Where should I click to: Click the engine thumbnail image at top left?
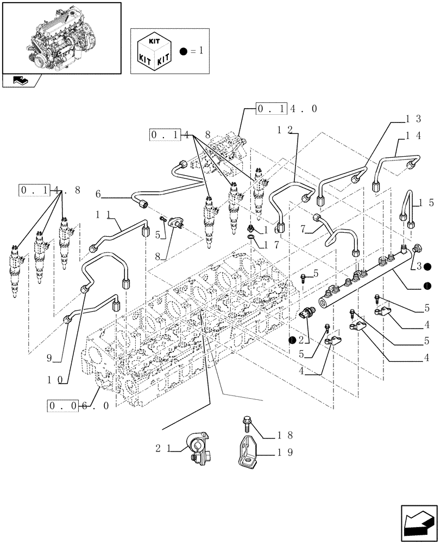(x=61, y=37)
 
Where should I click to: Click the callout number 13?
(x=413, y=119)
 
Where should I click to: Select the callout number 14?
(x=413, y=137)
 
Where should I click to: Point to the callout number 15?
(x=425, y=203)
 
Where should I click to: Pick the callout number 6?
(x=98, y=194)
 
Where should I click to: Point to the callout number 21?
(x=163, y=448)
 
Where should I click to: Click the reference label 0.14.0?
(x=287, y=109)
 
